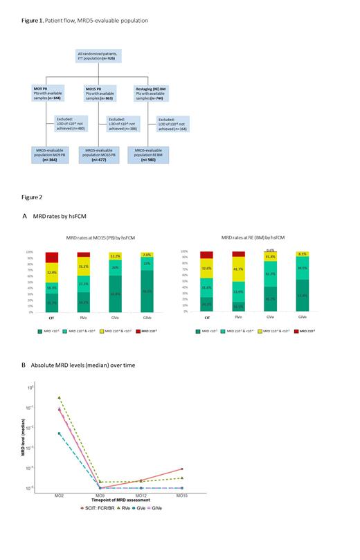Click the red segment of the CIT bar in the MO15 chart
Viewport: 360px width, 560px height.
(x=52, y=258)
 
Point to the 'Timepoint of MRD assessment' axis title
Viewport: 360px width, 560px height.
(x=119, y=500)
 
